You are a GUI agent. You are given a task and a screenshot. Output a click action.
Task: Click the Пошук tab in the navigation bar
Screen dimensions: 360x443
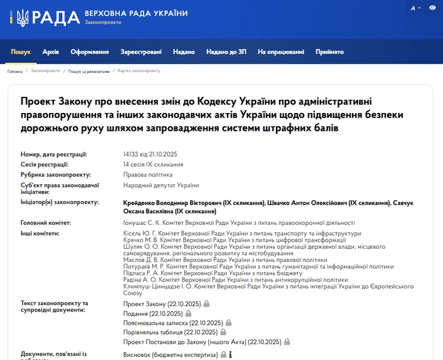tap(20, 52)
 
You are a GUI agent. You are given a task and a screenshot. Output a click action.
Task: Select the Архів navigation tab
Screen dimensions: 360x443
tap(51, 52)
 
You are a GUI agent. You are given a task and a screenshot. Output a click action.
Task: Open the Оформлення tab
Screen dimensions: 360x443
tap(89, 52)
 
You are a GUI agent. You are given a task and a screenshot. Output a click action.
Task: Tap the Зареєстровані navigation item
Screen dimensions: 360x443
tap(141, 52)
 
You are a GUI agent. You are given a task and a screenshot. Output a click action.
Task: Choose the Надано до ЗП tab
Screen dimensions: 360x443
tap(226, 52)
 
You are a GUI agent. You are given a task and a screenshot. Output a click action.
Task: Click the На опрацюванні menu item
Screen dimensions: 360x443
tap(281, 52)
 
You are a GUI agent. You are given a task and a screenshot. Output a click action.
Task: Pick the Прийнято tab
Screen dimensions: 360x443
tap(330, 52)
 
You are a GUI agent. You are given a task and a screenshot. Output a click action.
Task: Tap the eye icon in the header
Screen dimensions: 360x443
tap(433, 8)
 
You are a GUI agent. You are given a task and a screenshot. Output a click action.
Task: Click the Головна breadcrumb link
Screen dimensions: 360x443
tap(15, 71)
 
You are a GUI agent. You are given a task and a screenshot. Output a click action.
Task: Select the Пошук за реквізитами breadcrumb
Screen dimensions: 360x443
tap(89, 71)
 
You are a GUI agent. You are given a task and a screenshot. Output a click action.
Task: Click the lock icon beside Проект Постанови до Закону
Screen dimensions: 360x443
tap(287, 341)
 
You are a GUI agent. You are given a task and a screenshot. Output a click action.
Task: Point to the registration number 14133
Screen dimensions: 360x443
tap(131, 154)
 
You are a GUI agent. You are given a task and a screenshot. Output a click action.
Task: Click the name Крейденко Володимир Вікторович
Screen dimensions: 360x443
tap(171, 203)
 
